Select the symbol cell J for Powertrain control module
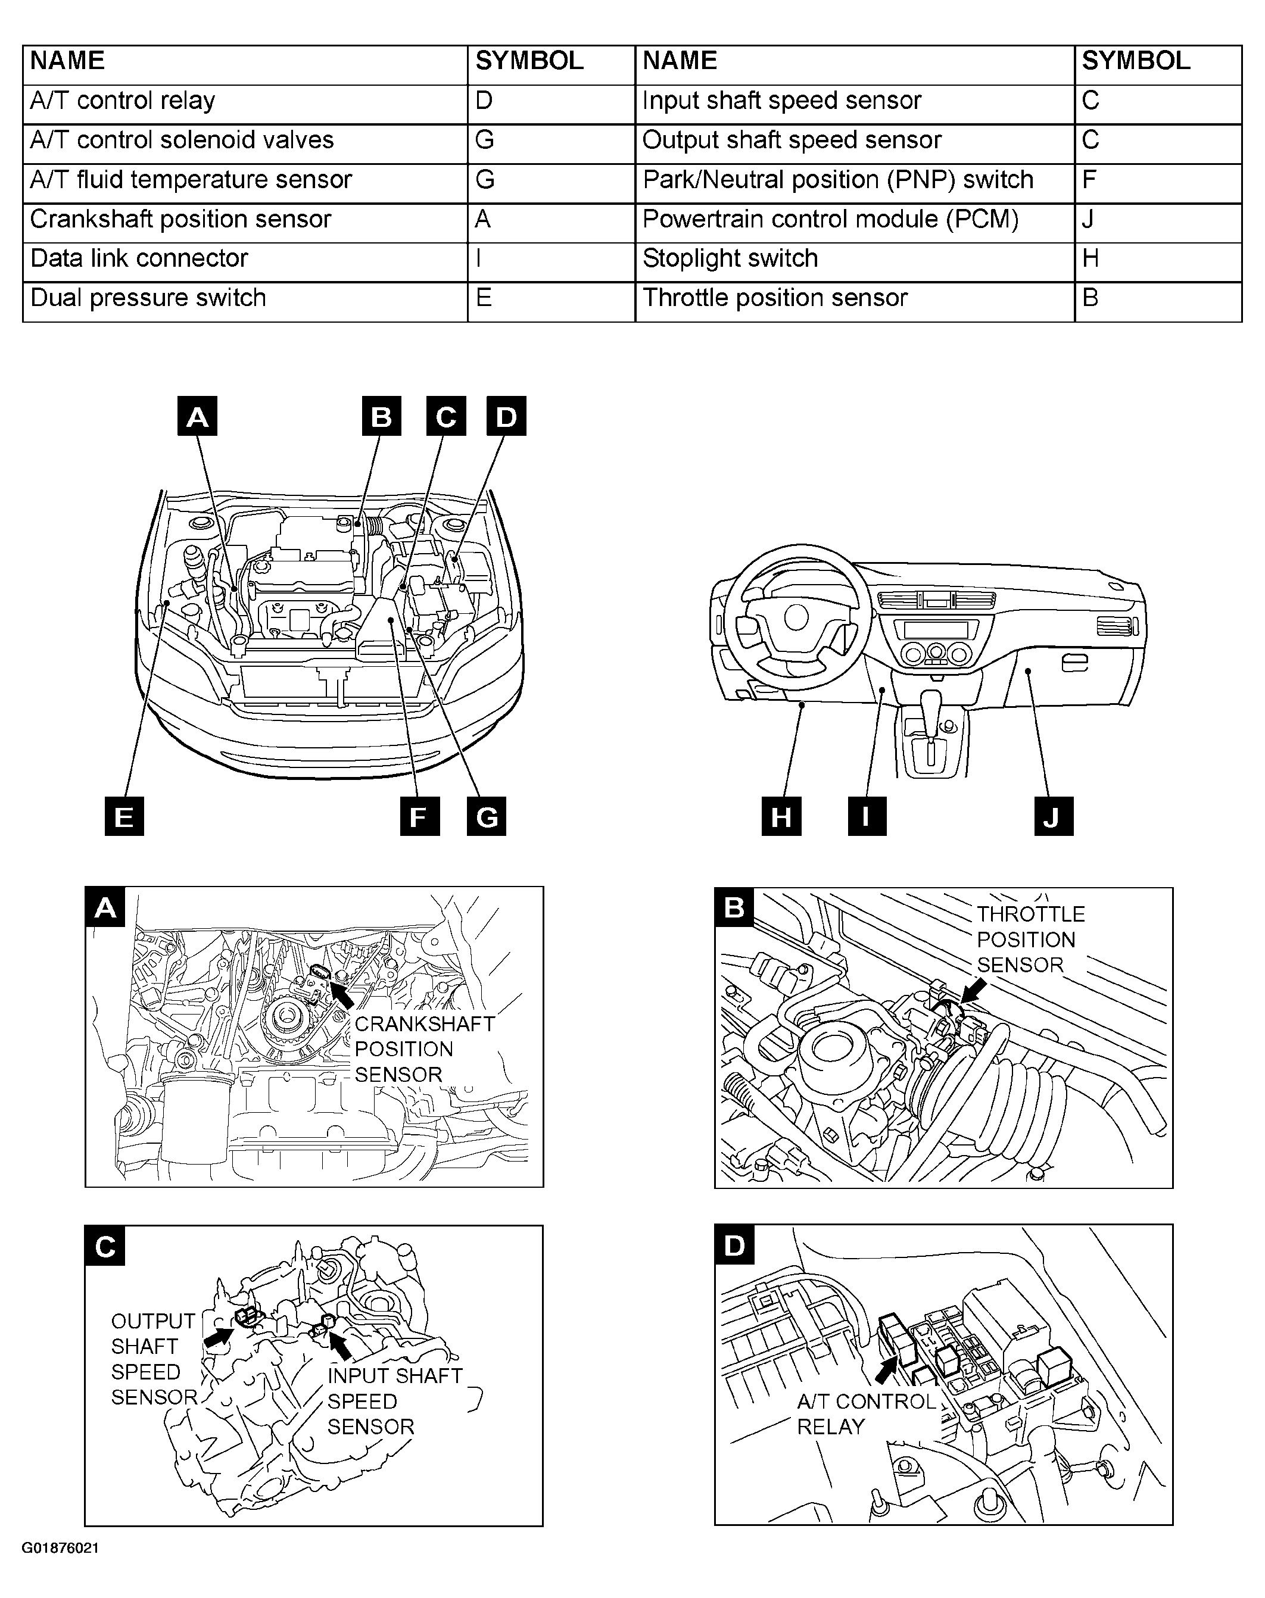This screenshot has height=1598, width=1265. click(x=1157, y=219)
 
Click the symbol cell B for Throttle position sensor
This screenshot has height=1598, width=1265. click(x=1157, y=298)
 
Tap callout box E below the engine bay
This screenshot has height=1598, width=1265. click(x=124, y=817)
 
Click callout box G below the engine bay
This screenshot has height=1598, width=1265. click(x=487, y=817)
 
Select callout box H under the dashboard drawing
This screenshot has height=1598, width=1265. click(x=781, y=817)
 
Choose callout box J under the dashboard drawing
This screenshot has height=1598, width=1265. click(x=1052, y=817)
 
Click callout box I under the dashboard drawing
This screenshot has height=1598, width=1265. click(x=867, y=817)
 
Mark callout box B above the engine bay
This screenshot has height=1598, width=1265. click(x=381, y=416)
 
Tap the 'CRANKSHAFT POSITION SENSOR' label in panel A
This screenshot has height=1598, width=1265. click(x=423, y=1049)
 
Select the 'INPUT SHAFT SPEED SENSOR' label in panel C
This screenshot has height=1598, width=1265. click(x=394, y=1401)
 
